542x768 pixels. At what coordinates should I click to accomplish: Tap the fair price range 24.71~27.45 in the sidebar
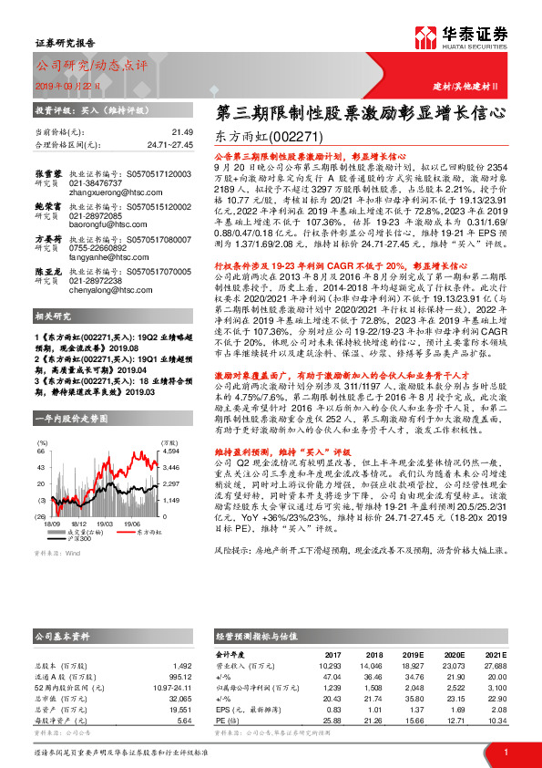coord(171,144)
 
